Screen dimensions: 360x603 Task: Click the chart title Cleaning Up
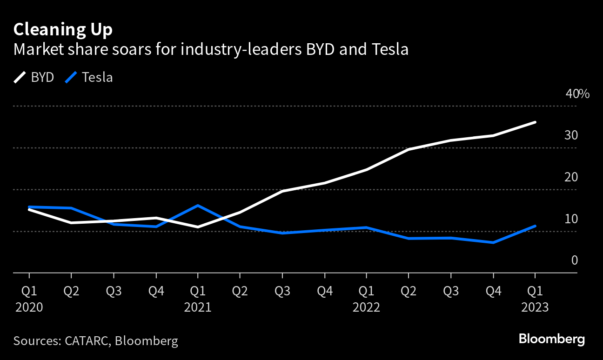[x=63, y=30]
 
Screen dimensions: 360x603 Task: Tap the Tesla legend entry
[x=89, y=77]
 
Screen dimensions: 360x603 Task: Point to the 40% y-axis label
[x=577, y=94]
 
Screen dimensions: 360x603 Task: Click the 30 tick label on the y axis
[x=571, y=135]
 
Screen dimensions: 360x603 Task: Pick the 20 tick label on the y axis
[x=571, y=177]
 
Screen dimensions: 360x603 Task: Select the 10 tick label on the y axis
[x=571, y=219]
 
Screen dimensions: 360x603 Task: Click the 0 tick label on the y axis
[x=574, y=260]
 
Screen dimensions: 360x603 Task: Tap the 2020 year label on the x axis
[x=29, y=307]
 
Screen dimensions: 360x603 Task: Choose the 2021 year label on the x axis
[x=197, y=307]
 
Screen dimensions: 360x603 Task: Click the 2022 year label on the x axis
[x=366, y=307]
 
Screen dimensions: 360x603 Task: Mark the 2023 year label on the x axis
[x=535, y=307]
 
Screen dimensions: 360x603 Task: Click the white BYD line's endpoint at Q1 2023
[x=535, y=122]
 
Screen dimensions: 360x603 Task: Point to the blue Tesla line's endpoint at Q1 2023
[x=535, y=226]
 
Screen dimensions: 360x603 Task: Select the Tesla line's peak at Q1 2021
[x=198, y=205]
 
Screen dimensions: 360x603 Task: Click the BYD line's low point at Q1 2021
[x=198, y=227]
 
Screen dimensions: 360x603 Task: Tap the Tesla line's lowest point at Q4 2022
[x=493, y=242]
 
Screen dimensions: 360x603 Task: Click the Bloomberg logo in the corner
[x=551, y=339]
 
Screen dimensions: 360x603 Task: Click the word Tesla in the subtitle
[x=387, y=49]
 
